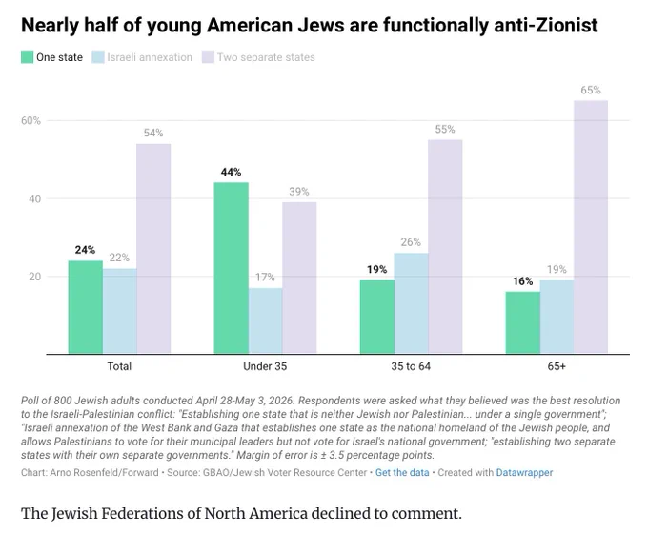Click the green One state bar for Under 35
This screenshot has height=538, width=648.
231,268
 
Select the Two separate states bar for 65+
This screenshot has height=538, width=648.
591,227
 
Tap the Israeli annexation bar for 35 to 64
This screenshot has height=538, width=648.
411,303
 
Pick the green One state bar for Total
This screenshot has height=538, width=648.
85,307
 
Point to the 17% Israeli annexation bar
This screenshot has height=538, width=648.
265,321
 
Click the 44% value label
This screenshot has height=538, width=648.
231,172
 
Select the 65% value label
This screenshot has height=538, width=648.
591,91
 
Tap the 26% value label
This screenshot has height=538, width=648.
411,242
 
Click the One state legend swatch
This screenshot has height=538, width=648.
28,57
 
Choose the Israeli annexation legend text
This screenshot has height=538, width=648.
150,57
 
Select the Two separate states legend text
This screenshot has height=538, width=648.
266,57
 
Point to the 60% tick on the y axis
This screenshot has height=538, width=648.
31,121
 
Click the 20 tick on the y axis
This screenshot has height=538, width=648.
35,277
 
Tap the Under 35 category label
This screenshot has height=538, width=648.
265,366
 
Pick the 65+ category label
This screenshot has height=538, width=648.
557,366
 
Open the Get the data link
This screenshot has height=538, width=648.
402,473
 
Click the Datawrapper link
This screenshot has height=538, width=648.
524,473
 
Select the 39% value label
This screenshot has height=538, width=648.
299,192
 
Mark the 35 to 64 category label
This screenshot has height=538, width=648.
411,366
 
